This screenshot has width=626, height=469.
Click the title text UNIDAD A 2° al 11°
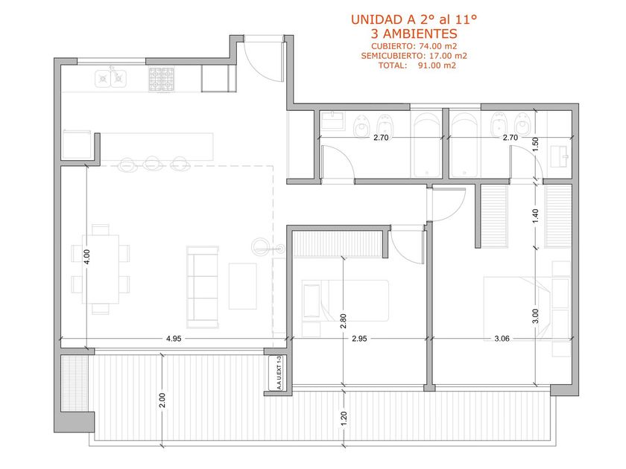tap(414, 19)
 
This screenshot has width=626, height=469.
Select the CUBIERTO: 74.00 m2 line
tap(414, 46)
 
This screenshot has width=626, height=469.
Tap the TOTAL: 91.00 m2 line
tap(417, 66)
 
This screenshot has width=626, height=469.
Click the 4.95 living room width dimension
tap(174, 339)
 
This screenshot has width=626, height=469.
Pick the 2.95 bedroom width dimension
tap(359, 339)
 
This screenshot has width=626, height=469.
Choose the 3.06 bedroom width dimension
tap(502, 339)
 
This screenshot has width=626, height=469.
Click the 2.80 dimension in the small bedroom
tap(344, 322)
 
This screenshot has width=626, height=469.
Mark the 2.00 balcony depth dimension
tap(162, 401)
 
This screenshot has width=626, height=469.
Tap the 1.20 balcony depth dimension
tap(344, 418)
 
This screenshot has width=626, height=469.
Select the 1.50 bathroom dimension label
tap(536, 144)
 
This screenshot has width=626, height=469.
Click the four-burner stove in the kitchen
tap(161, 79)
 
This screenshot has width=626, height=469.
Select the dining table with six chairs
tap(101, 269)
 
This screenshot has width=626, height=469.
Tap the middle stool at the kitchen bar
tap(152, 163)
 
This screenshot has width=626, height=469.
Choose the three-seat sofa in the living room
tap(203, 287)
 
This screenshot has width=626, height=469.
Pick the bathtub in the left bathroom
tap(426, 145)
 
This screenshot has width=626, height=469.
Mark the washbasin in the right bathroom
tap(560, 156)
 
